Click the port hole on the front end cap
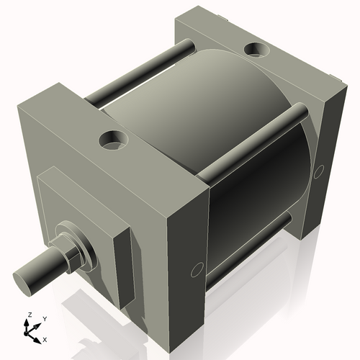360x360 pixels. [112, 140]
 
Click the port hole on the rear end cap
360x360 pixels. [255, 50]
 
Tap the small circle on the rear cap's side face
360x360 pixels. [320, 171]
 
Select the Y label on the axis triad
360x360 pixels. [44, 318]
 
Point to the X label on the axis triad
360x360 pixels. [45, 338]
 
